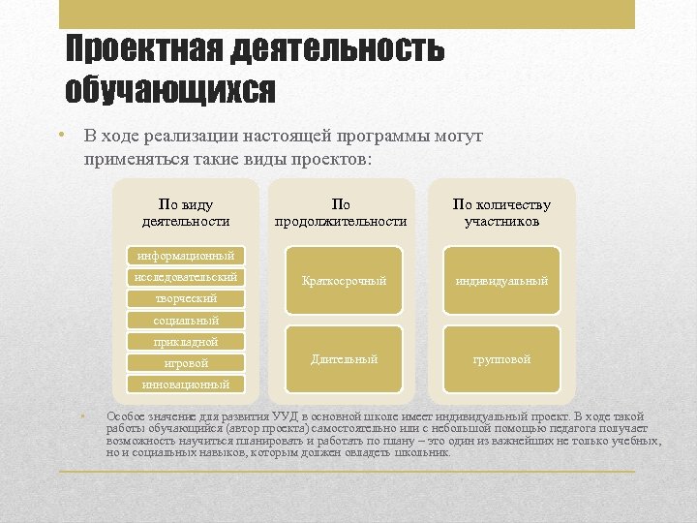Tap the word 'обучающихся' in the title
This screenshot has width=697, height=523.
(169, 89)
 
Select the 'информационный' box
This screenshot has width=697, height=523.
(186, 256)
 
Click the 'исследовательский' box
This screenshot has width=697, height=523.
(186, 277)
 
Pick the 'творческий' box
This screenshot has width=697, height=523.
(186, 298)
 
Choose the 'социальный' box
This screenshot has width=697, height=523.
(186, 320)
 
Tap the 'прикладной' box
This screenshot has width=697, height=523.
(186, 341)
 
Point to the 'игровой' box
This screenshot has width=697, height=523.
(186, 363)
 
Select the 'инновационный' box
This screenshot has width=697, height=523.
(186, 385)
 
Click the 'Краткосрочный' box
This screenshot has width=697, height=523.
(344, 281)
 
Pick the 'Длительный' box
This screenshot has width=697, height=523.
(344, 359)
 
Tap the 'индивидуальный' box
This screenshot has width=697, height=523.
(501, 281)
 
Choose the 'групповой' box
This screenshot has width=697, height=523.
(501, 359)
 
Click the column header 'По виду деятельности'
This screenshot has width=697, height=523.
(186, 212)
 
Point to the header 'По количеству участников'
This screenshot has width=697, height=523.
(501, 212)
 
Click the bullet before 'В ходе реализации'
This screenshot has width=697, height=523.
(60, 136)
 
